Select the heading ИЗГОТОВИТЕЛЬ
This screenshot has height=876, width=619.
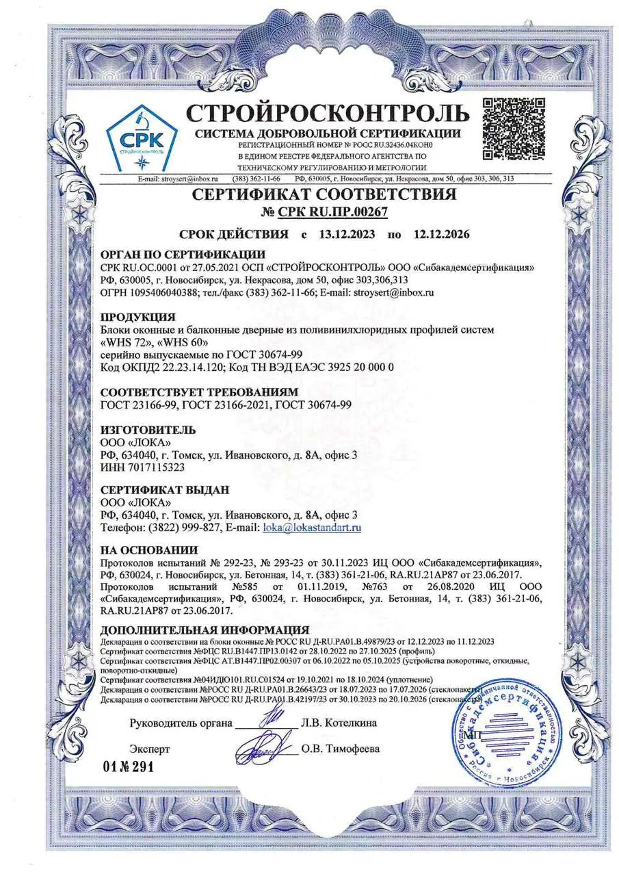[148, 430]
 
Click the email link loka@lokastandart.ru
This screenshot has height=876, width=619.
[312, 527]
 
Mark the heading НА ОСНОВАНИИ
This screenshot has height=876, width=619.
[149, 550]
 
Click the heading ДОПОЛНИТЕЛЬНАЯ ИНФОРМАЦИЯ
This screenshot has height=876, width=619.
[205, 630]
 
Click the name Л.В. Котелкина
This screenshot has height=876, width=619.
[339, 723]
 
